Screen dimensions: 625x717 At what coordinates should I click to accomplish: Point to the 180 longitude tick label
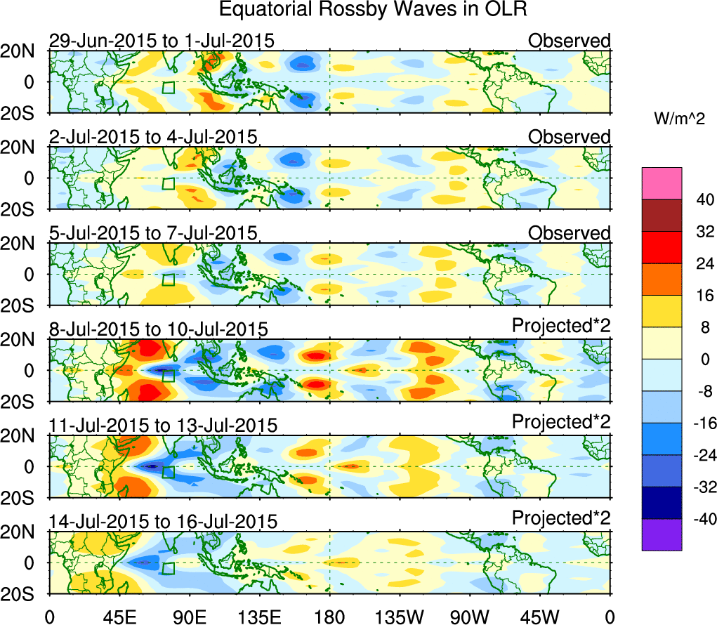point(329,617)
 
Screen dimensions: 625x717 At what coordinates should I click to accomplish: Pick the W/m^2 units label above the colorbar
point(679,120)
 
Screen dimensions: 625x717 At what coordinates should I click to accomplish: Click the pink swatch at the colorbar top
point(662,183)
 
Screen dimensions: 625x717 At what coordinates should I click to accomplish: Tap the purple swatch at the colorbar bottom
point(662,534)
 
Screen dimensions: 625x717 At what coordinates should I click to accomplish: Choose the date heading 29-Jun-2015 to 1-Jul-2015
point(162,41)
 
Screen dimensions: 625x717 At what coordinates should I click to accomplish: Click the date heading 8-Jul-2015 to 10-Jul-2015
point(158,329)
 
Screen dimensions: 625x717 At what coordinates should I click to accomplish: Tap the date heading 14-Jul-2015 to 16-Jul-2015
point(163,521)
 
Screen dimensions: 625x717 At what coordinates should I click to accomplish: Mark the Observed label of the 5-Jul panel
point(570,232)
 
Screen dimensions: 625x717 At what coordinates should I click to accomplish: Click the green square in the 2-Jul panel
point(168,183)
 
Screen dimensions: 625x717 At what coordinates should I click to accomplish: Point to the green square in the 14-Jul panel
point(168,567)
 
